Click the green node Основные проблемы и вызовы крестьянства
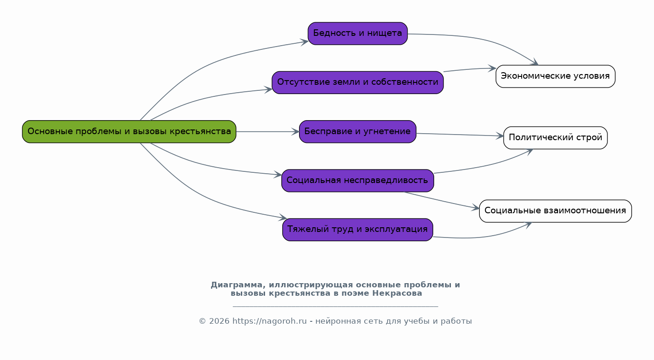pyautogui.click(x=129, y=131)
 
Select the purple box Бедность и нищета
pyautogui.click(x=357, y=34)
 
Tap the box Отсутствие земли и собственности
pyautogui.click(x=357, y=82)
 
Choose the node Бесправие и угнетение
pyautogui.click(x=357, y=131)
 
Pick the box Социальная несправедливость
pyautogui.click(x=357, y=180)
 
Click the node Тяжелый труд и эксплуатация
pyautogui.click(x=357, y=230)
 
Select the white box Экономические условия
pyautogui.click(x=555, y=76)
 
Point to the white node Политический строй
pyautogui.click(x=555, y=138)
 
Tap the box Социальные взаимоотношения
pyautogui.click(x=555, y=211)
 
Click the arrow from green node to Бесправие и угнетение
pyautogui.click(x=267, y=132)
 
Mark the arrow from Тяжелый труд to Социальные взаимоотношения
pyautogui.click(x=484, y=237)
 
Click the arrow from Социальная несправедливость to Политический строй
pyautogui.click(x=484, y=166)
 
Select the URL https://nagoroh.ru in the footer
pyautogui.click(x=269, y=321)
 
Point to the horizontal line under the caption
pyautogui.click(x=335, y=306)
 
